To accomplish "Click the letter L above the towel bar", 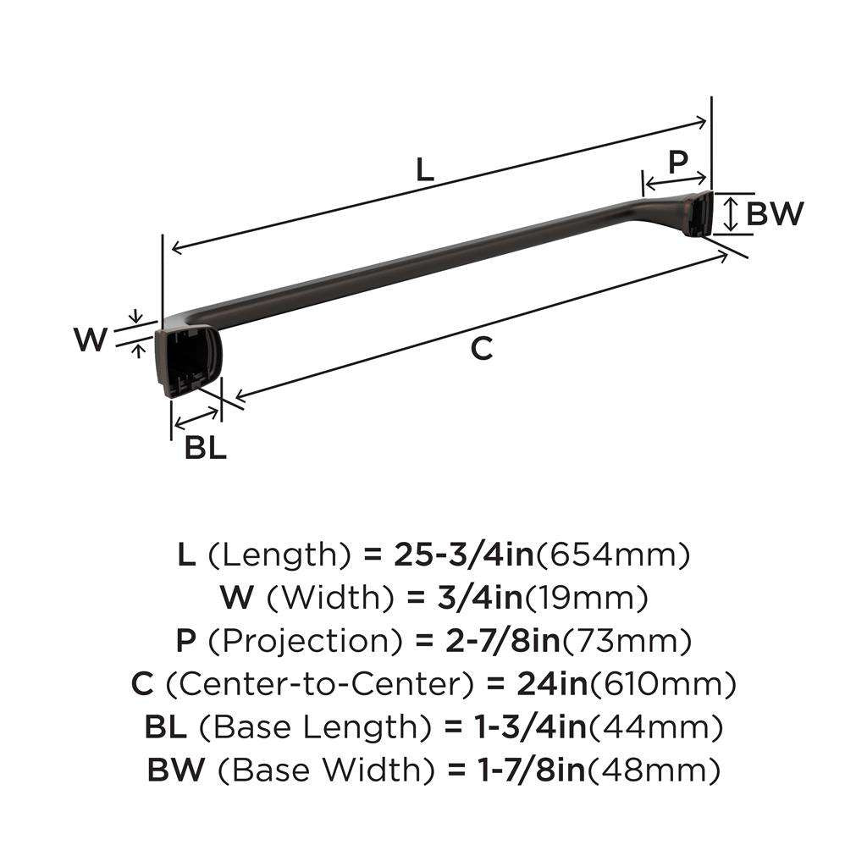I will click(424, 171).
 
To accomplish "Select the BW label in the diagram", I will click(774, 214).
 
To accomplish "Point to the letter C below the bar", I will click(481, 348).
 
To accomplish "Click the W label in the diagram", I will click(91, 340).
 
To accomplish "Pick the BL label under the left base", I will click(206, 448).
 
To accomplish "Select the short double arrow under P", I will click(675, 179).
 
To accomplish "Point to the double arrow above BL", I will click(196, 417).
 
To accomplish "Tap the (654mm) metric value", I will click(615, 555).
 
